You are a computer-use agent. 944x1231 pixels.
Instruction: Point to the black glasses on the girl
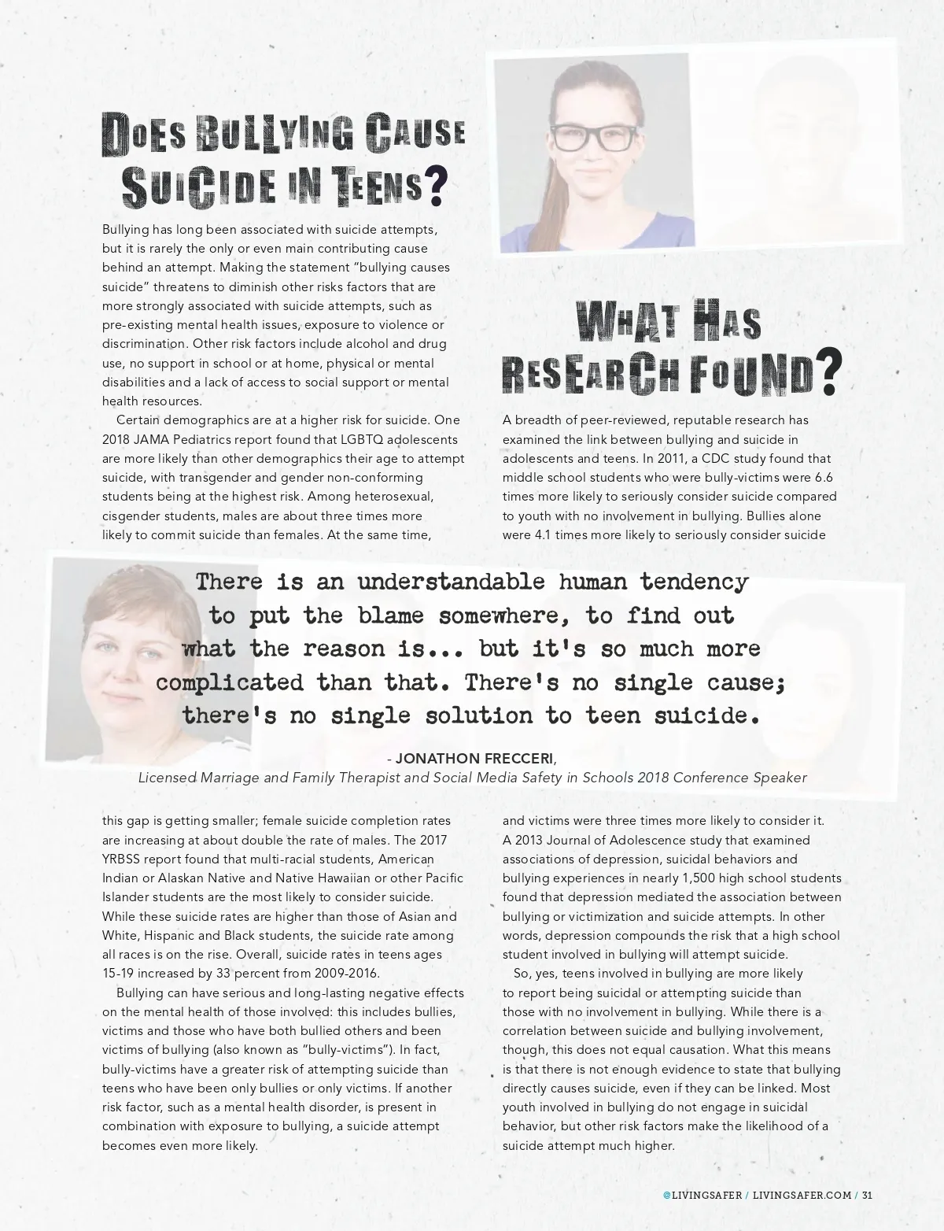tap(592, 138)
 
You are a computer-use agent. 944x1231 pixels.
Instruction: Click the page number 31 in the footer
tap(867, 1194)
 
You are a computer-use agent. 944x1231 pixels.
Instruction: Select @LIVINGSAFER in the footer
tap(702, 1194)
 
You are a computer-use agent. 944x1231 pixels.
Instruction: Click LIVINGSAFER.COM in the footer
tap(802, 1194)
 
